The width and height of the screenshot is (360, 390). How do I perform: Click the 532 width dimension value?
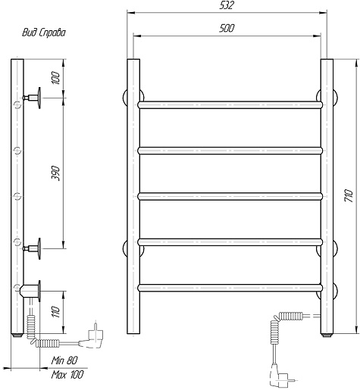(x=227, y=5)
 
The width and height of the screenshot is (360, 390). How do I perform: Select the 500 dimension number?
(x=227, y=28)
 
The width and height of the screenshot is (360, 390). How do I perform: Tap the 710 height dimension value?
(x=349, y=195)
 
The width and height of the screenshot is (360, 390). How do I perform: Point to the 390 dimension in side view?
(x=55, y=173)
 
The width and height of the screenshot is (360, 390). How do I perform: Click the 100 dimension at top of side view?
(x=55, y=78)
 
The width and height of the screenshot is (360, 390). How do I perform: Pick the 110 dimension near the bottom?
(x=55, y=312)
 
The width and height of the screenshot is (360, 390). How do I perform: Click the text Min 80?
(x=64, y=360)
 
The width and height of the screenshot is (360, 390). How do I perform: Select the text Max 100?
(x=67, y=375)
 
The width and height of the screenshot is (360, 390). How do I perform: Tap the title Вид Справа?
(x=44, y=33)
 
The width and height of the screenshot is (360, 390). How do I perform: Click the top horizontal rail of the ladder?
(x=230, y=105)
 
